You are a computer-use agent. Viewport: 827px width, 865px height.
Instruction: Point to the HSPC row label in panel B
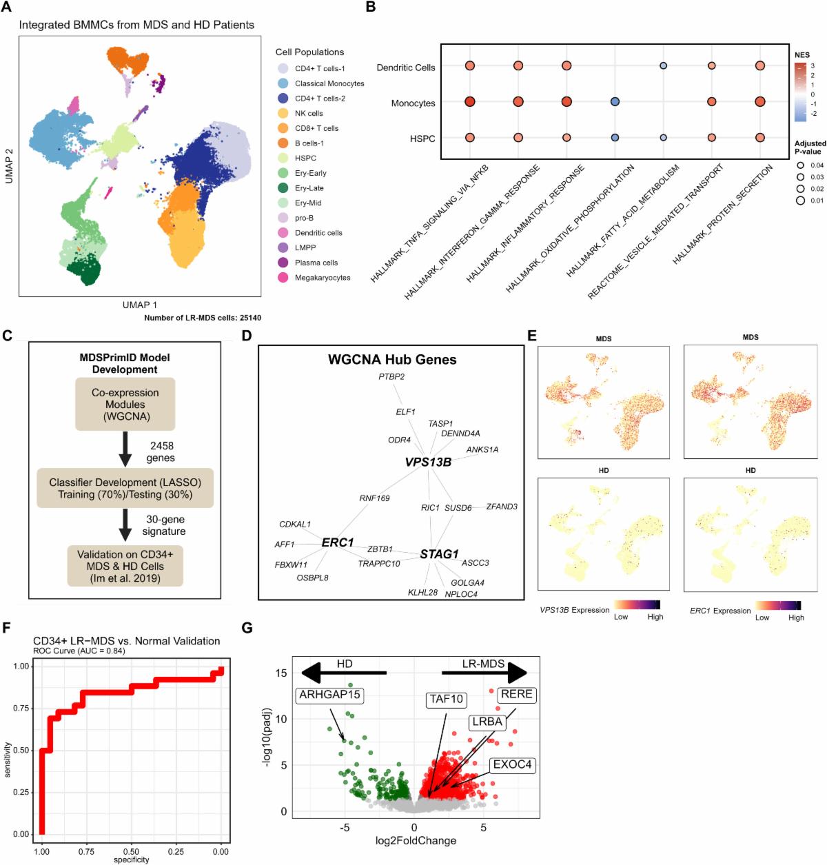pyautogui.click(x=422, y=139)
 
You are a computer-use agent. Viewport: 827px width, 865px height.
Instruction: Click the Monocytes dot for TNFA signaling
pyautogui.click(x=470, y=102)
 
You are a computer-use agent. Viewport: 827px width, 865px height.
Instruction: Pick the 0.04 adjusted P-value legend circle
pyautogui.click(x=801, y=165)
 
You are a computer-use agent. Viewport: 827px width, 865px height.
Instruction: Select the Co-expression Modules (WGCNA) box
pyautogui.click(x=125, y=405)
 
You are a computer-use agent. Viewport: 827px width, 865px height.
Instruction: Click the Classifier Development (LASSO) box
pyautogui.click(x=125, y=489)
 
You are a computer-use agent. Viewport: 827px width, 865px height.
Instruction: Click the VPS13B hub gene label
pyautogui.click(x=428, y=462)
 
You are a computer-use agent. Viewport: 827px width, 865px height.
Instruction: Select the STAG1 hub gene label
pyautogui.click(x=439, y=554)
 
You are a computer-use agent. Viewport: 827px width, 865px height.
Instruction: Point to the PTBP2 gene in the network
pyautogui.click(x=391, y=376)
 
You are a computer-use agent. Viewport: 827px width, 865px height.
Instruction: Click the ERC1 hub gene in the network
pyautogui.click(x=338, y=542)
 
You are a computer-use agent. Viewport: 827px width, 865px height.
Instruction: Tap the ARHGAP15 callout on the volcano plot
pyautogui.click(x=329, y=695)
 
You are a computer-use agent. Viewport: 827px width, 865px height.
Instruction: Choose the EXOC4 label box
pyautogui.click(x=512, y=765)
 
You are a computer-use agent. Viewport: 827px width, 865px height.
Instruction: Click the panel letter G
pyautogui.click(x=247, y=628)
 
